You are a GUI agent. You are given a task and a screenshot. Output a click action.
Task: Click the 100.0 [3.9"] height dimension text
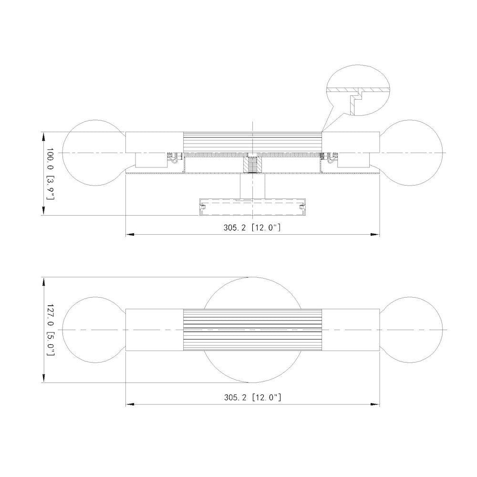coord(50,174)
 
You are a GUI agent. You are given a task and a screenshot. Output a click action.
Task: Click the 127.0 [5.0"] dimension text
coord(50,330)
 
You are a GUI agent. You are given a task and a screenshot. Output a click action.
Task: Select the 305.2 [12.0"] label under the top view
coord(252,228)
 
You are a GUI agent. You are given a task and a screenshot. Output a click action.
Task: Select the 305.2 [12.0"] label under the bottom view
coord(252,397)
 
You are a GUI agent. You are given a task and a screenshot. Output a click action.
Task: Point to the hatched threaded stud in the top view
coord(252,165)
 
